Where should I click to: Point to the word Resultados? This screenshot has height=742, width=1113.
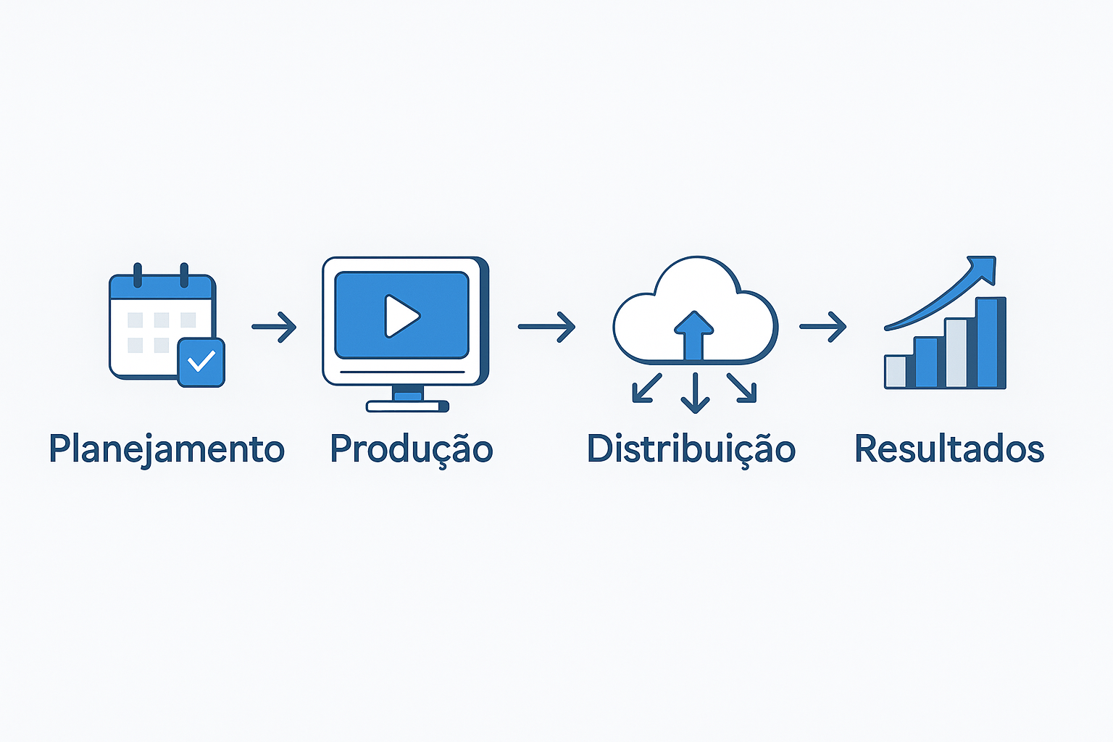tap(949, 449)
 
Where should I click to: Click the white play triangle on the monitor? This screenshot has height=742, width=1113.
tap(401, 316)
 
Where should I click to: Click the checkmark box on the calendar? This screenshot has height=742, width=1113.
tap(201, 362)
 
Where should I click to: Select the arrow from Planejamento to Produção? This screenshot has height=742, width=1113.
tap(275, 327)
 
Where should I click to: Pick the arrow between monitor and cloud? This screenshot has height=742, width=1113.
tap(546, 327)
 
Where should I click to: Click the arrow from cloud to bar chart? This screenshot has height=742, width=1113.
tap(823, 327)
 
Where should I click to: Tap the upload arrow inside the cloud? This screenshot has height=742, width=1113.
tap(693, 336)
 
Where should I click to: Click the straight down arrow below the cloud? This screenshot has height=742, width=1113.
tap(695, 393)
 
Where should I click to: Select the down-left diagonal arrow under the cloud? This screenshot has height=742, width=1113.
tap(646, 388)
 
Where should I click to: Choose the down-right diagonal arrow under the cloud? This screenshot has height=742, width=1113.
tap(742, 388)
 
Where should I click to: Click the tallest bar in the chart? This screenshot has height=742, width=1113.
tap(991, 343)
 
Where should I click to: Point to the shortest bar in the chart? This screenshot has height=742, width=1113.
tap(896, 372)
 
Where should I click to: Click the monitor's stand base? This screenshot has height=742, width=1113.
tap(407, 406)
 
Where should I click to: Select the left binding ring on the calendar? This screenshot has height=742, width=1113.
tap(138, 275)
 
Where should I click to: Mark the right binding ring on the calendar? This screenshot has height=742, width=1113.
tap(184, 275)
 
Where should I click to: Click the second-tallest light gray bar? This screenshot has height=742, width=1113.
tap(956, 354)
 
